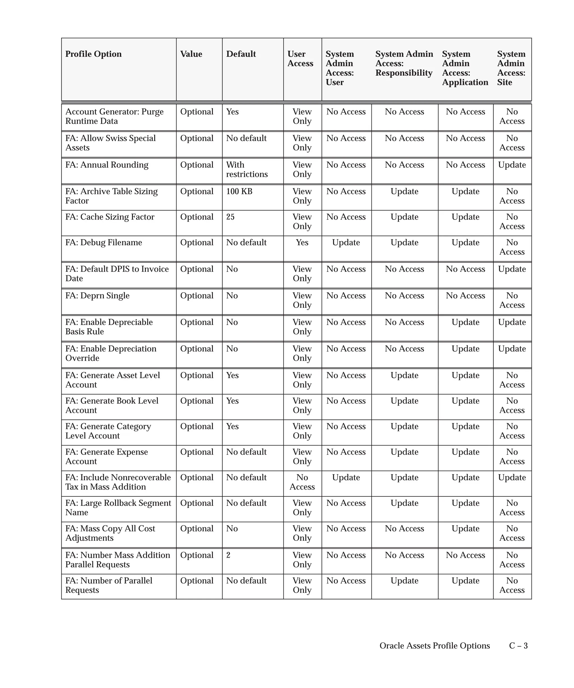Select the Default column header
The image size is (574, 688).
coord(241,54)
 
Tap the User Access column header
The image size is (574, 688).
coord(300,59)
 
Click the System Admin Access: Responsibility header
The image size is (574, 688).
coord(404,63)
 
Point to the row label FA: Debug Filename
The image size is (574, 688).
coord(104,242)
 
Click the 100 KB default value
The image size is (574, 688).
coord(239,191)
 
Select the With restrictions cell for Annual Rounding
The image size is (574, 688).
coord(247,169)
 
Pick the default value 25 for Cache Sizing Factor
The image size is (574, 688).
coord(230,217)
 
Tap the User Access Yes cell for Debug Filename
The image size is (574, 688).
coord(302,242)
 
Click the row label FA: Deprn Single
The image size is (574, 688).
coord(98,296)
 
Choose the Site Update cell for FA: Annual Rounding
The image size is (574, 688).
coord(512,165)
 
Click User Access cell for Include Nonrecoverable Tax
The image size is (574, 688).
coord(302,482)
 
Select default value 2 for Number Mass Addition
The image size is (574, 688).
coord(228,555)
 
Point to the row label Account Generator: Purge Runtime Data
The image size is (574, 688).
coord(114,116)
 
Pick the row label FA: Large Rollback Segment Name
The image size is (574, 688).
coord(118,507)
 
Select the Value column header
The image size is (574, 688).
coord(191,54)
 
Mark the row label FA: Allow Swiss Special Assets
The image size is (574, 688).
coord(110,143)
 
